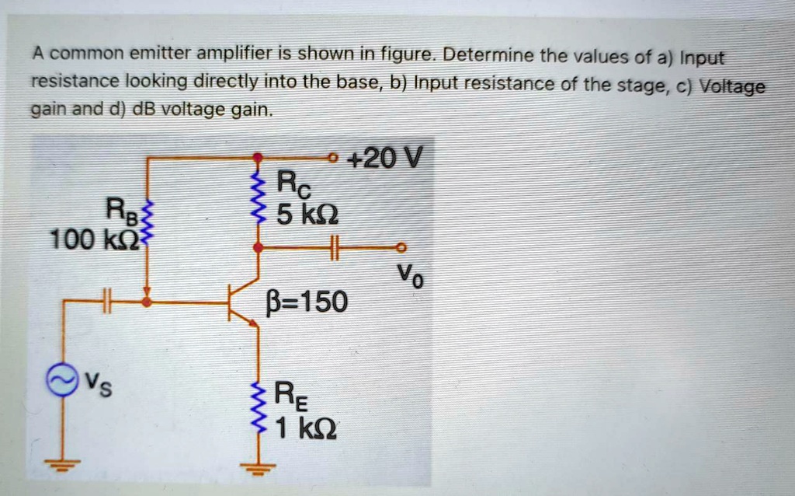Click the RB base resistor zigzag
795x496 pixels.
[x=150, y=221]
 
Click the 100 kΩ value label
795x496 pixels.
[x=93, y=239]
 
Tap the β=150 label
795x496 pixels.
[x=307, y=301]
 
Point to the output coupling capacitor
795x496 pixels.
[x=335, y=247]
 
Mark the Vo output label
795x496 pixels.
[x=411, y=274]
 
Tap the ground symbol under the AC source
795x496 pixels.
[x=62, y=465]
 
